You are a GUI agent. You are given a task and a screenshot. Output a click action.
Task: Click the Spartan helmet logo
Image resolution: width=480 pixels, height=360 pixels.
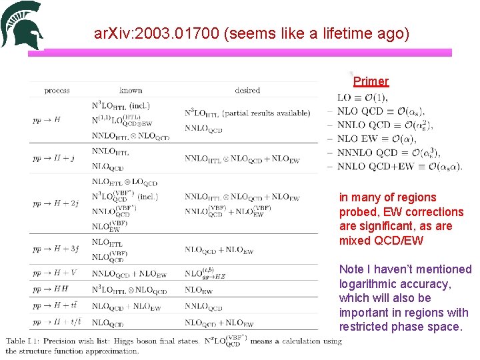pyautogui.click(x=22, y=25)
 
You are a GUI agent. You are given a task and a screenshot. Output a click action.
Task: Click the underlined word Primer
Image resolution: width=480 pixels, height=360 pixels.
pyautogui.click(x=371, y=81)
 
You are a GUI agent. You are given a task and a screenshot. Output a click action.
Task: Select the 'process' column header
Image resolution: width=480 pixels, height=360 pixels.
pyautogui.click(x=57, y=90)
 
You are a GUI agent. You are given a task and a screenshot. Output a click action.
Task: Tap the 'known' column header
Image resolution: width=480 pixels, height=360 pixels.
pyautogui.click(x=131, y=90)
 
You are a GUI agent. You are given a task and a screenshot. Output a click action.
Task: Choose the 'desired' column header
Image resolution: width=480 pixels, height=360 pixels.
pyautogui.click(x=247, y=90)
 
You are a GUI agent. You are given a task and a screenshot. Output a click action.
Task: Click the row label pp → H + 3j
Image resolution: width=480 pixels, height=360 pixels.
pyautogui.click(x=56, y=250)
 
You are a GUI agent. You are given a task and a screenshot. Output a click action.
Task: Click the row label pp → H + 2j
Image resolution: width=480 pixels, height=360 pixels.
pyautogui.click(x=56, y=203)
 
